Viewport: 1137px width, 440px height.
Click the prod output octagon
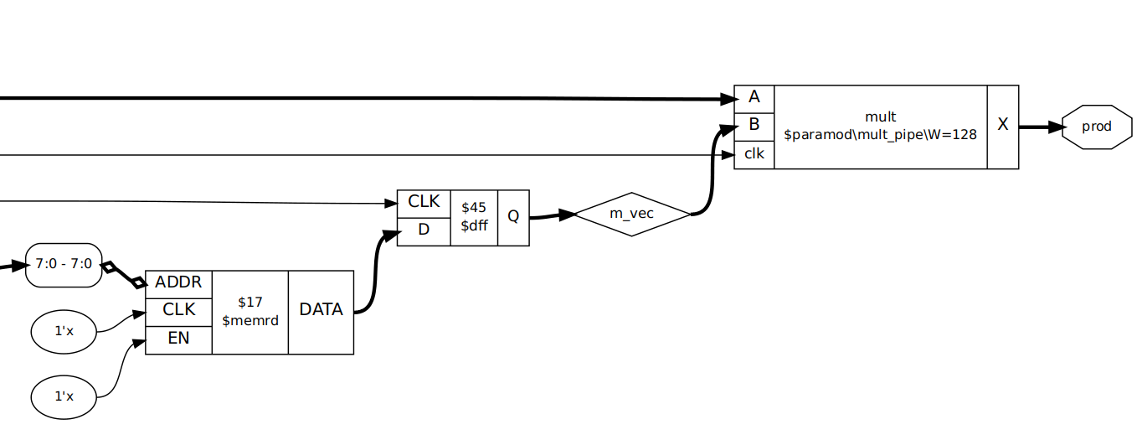pyautogui.click(x=1097, y=127)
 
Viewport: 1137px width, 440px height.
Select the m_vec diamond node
pyautogui.click(x=631, y=214)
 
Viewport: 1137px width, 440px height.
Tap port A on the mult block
pyautogui.click(x=754, y=97)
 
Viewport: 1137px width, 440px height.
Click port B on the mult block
pyautogui.click(x=754, y=126)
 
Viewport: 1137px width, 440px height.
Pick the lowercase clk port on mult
pyautogui.click(x=754, y=154)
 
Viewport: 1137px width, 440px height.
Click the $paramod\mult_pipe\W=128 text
pyautogui.click(x=880, y=134)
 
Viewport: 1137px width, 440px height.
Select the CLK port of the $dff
pyautogui.click(x=423, y=202)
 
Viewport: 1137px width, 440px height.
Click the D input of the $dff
pyautogui.click(x=423, y=230)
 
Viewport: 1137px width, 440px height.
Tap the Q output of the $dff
pyautogui.click(x=513, y=217)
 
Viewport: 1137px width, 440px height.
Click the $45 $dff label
pyautogui.click(x=474, y=217)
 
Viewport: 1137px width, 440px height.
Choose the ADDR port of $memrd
pyautogui.click(x=178, y=282)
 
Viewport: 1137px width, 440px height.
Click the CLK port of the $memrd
pyautogui.click(x=178, y=310)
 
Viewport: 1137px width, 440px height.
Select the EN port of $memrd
pyautogui.click(x=178, y=339)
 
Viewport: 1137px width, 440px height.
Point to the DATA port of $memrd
pyautogui.click(x=321, y=311)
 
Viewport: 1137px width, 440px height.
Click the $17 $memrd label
pyautogui.click(x=250, y=311)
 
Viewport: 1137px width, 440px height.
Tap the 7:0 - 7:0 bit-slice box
pyautogui.click(x=64, y=266)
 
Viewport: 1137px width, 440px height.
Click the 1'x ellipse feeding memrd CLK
pyautogui.click(x=64, y=331)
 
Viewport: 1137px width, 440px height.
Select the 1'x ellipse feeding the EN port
pyautogui.click(x=64, y=396)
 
